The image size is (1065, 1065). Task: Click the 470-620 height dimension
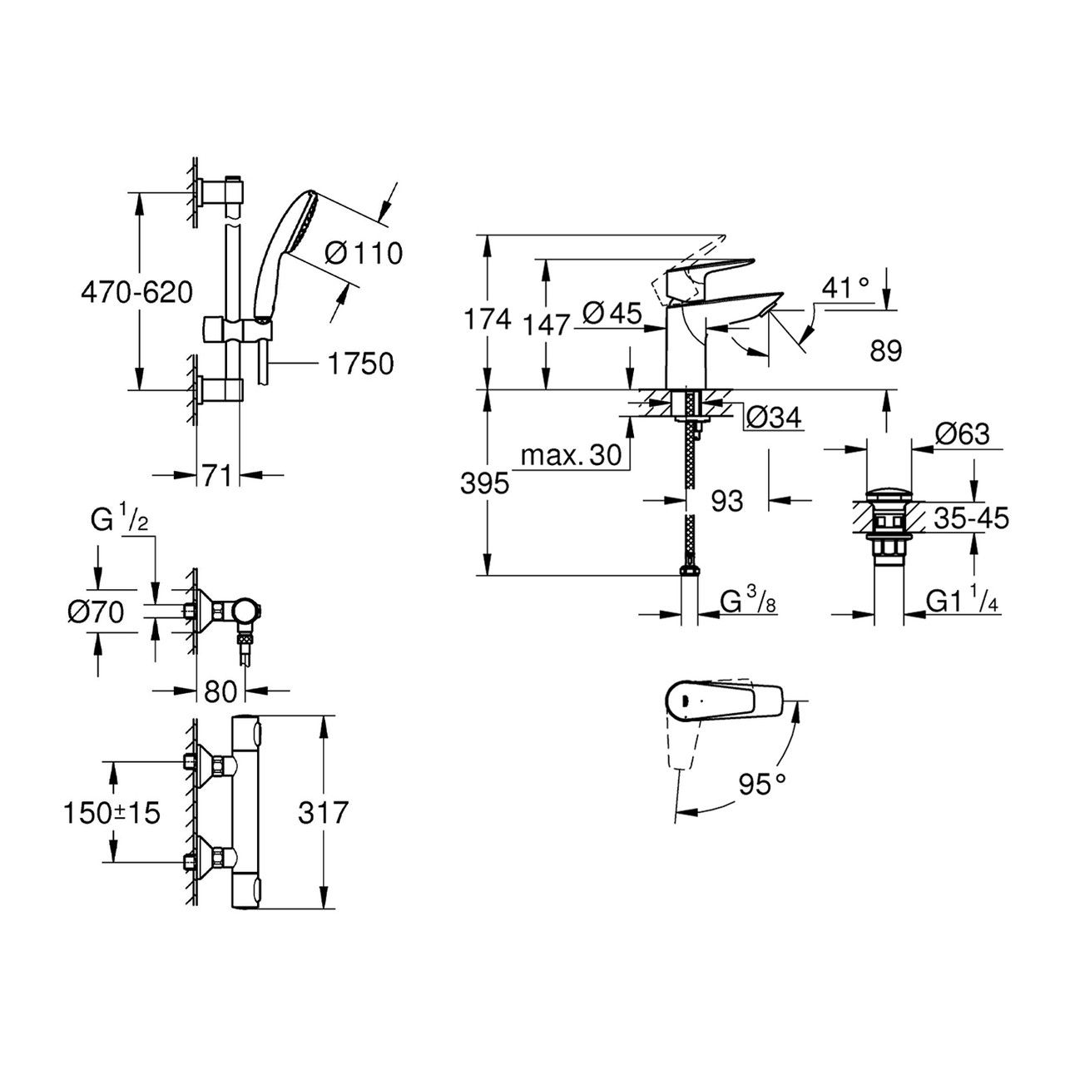pos(137,292)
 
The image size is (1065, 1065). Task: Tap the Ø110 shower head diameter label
pos(364,252)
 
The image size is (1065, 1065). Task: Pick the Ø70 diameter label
pos(96,613)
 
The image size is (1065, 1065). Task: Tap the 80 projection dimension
pos(220,690)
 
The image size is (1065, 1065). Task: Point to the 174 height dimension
pos(486,319)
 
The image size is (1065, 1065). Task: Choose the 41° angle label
pos(845,289)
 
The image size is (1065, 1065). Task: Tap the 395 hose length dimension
pos(484,483)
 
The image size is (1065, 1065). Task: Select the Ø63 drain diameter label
pos(961,434)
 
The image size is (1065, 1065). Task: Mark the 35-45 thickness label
pos(970,519)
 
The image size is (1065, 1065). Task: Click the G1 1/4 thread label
pos(962,601)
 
